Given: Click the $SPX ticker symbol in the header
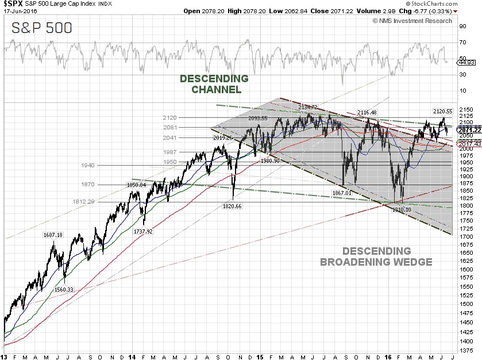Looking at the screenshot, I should (13, 3).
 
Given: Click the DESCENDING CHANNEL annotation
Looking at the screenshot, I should (214, 84).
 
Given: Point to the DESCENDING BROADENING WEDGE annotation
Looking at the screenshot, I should (376, 256).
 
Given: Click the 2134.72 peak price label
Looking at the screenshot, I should (308, 107).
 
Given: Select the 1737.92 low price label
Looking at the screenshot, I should (143, 231).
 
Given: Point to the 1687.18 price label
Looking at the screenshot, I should (53, 235).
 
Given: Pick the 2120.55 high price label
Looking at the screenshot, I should (443, 110).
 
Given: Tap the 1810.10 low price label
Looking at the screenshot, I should (402, 210).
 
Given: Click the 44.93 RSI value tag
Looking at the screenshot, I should (465, 62).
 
